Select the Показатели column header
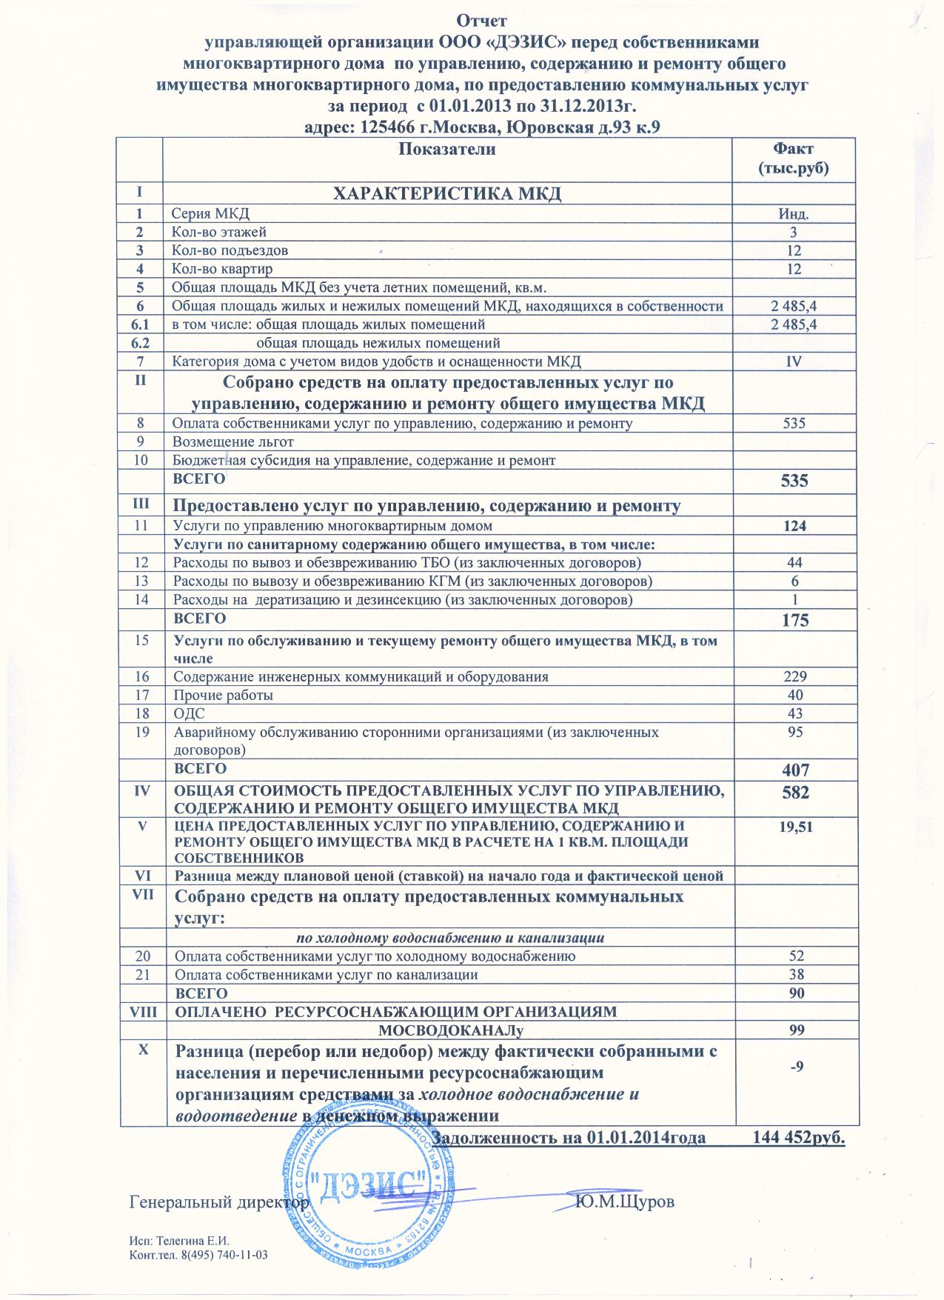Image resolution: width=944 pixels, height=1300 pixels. tap(446, 150)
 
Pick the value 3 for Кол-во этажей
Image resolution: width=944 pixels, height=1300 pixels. tap(794, 233)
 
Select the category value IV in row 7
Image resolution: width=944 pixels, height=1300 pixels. tap(794, 361)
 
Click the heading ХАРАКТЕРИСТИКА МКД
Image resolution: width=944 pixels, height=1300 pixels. tap(446, 194)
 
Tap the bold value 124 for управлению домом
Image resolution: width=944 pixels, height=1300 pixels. tap(794, 527)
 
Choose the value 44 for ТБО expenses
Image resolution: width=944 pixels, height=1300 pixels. tap(794, 563)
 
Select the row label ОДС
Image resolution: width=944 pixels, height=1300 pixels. tap(189, 713)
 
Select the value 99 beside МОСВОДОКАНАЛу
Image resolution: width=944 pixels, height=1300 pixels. tap(794, 1030)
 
